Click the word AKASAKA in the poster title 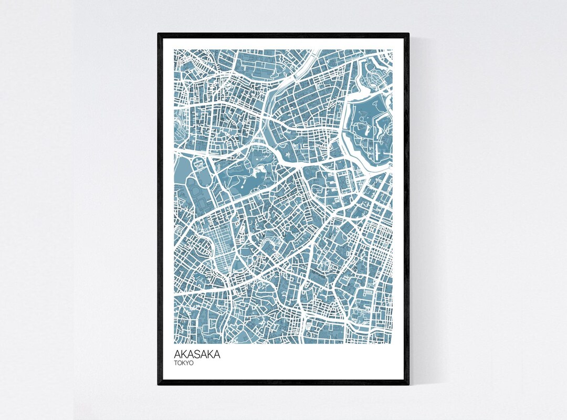click(x=197, y=355)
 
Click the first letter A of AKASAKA click(x=177, y=355)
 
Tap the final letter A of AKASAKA click(x=217, y=355)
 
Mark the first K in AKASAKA click(x=184, y=355)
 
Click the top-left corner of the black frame click(x=159, y=34)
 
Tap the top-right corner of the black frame click(x=408, y=34)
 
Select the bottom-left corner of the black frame click(x=159, y=384)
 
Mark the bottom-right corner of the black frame click(x=408, y=384)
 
